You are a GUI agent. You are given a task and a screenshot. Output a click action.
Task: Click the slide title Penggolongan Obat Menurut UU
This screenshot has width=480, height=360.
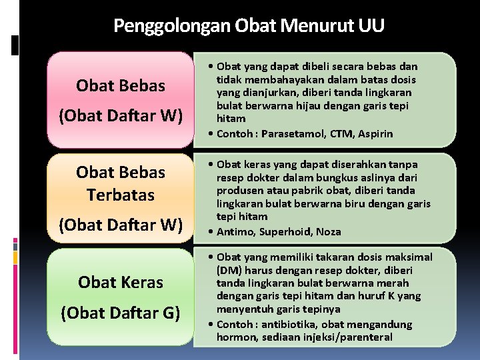(249, 25)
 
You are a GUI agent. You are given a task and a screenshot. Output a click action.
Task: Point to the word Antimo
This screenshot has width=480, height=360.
(233, 232)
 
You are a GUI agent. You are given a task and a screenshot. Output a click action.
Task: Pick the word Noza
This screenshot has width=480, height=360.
(328, 232)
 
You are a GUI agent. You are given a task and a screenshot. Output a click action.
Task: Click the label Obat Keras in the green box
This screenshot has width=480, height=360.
(120, 282)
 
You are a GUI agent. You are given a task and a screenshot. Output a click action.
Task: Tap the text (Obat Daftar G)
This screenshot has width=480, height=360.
(120, 312)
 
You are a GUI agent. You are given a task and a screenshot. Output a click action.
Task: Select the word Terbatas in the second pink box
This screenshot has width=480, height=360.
(120, 195)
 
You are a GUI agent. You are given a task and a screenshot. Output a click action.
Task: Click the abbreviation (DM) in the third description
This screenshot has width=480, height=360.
(229, 271)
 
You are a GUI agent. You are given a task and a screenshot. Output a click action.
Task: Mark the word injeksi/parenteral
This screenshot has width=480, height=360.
(349, 337)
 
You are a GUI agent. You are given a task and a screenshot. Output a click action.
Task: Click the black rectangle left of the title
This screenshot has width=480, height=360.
(15, 45)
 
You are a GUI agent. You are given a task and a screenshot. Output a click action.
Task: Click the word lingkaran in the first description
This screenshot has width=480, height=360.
(387, 93)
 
